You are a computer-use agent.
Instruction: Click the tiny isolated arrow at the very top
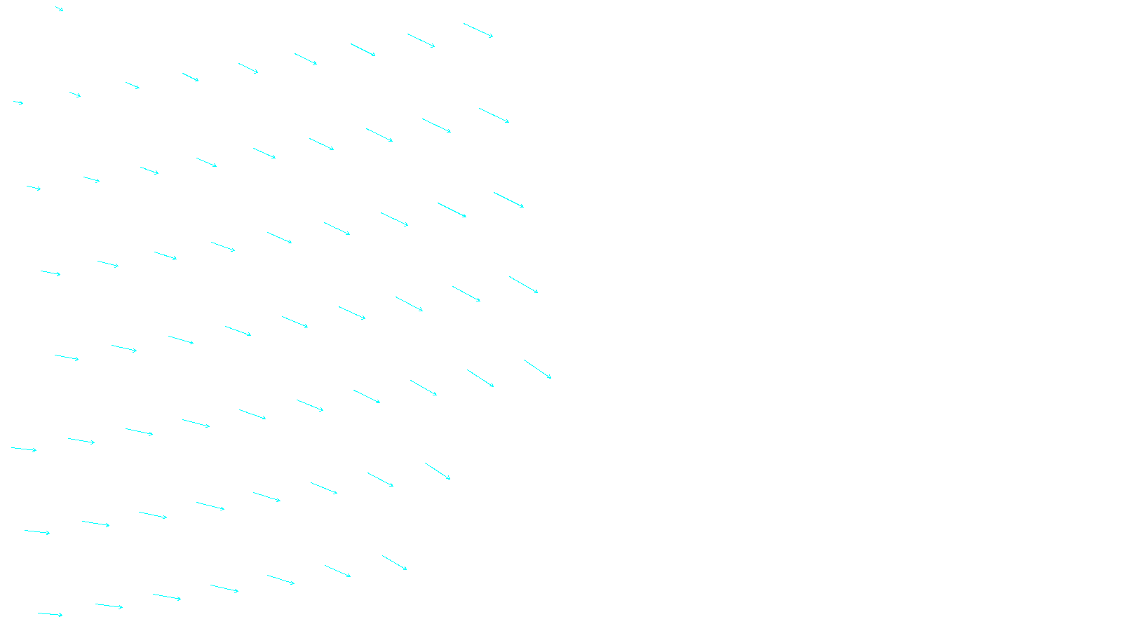point(60,9)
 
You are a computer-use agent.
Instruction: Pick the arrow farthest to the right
point(537,369)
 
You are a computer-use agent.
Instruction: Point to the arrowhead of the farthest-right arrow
point(550,378)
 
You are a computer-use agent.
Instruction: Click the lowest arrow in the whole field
point(50,614)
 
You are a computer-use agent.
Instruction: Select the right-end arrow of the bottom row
point(394,563)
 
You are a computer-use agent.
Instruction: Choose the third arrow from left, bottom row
point(167,597)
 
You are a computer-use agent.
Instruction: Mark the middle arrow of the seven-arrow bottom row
point(224,588)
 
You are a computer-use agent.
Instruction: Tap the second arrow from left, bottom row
point(109,606)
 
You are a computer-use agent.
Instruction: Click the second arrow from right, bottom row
point(337,571)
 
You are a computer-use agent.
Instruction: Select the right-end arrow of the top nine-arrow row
point(478,30)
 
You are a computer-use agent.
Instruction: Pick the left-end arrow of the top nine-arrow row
point(18,102)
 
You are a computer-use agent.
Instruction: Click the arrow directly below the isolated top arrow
point(75,94)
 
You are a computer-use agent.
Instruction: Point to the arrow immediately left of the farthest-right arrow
point(480,379)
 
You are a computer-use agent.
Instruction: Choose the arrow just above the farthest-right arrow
point(523,285)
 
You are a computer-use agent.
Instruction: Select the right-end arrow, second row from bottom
point(437,471)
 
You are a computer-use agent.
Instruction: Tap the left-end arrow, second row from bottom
point(37,532)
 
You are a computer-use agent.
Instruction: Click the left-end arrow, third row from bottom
point(24,449)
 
